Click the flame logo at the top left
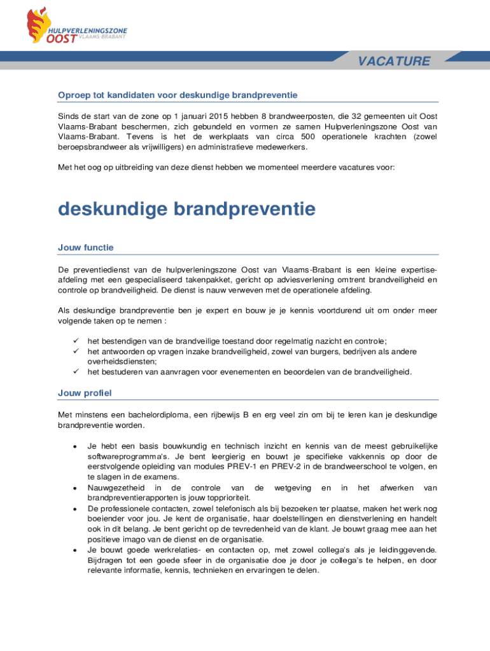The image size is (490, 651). [x=37, y=24]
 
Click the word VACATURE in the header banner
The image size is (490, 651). [x=393, y=61]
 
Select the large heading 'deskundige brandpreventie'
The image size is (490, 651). [x=186, y=209]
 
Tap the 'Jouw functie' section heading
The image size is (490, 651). [x=85, y=247]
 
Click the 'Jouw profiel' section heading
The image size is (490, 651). [x=84, y=393]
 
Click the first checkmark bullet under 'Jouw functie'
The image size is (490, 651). [x=74, y=341]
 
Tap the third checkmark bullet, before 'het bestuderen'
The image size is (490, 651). [x=74, y=371]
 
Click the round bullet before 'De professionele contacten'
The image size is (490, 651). [x=76, y=509]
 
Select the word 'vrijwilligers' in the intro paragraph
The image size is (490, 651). [x=153, y=147]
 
